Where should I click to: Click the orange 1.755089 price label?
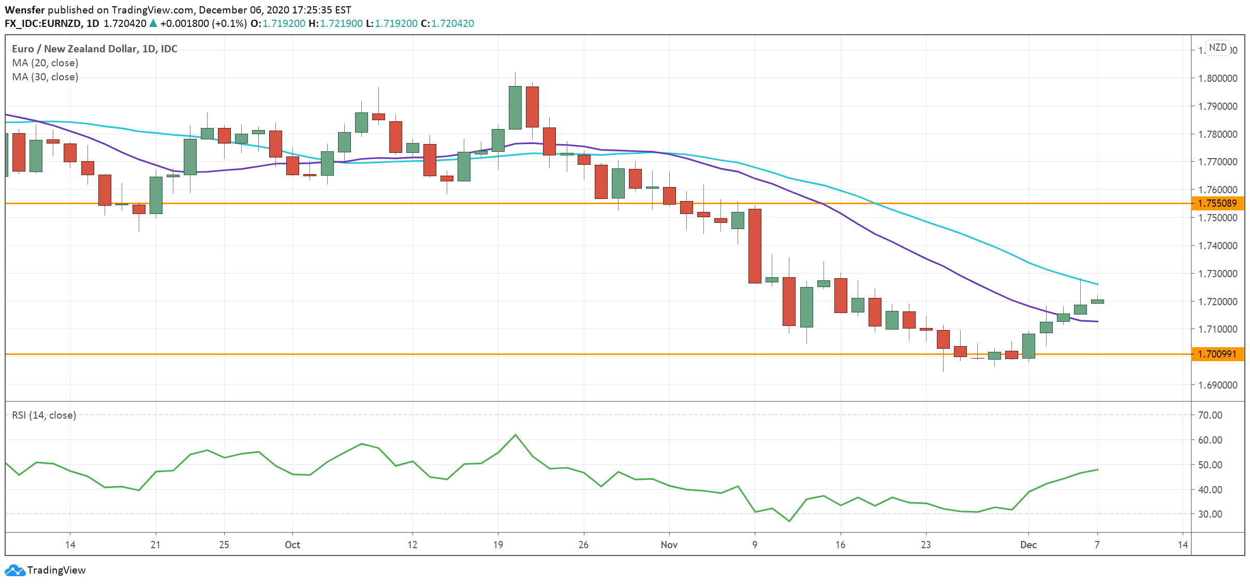coord(1217,203)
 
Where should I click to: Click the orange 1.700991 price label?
coord(1217,354)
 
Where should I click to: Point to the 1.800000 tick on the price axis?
coord(1217,78)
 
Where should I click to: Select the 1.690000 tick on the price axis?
coord(1217,385)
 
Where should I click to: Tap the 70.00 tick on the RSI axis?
coord(1210,415)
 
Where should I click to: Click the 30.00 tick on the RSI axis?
coord(1210,514)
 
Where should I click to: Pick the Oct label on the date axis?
coord(292,545)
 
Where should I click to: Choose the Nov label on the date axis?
coord(669,545)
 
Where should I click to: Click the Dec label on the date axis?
coord(1028,545)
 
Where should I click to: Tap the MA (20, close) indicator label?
coord(45,63)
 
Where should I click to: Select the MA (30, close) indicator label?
coord(45,77)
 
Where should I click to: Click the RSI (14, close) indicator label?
coord(44,415)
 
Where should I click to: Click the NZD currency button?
coord(1217,48)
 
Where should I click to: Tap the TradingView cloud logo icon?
coord(14,570)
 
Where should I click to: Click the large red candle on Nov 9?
coord(755,246)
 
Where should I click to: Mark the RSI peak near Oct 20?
coord(515,435)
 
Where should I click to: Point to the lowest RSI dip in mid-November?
coord(789,521)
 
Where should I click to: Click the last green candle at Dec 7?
coord(1097,301)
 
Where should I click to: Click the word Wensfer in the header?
coord(24,10)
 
